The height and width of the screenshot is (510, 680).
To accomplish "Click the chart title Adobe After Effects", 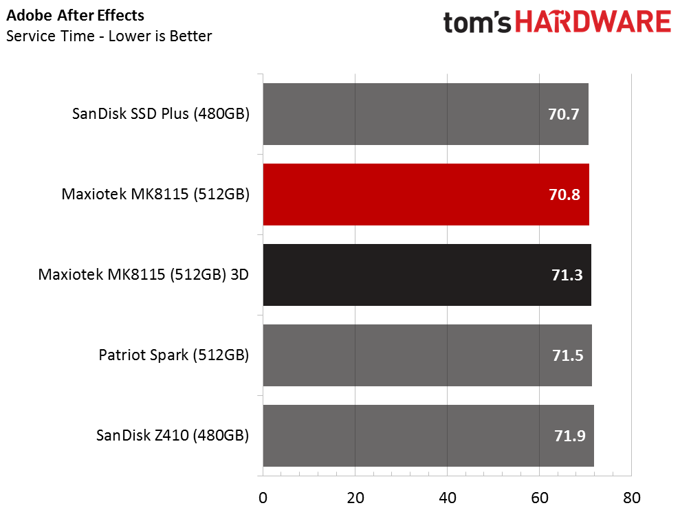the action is [75, 16].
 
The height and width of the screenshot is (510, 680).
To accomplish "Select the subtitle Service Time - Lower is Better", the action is [109, 36].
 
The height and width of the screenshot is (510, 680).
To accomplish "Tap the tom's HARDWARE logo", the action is [558, 22].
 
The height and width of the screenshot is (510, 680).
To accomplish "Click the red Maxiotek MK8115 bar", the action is [426, 195].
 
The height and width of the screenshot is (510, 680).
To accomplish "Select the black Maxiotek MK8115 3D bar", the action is [427, 275].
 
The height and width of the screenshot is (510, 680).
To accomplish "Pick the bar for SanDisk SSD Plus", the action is [426, 114].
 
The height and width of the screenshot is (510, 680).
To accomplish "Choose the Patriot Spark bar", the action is [428, 355].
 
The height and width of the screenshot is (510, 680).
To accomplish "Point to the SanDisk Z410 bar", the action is [428, 435].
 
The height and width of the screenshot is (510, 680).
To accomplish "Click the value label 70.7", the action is [563, 114].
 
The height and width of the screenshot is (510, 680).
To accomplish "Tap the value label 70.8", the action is [564, 195].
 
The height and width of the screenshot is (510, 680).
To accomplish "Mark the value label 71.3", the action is [567, 275].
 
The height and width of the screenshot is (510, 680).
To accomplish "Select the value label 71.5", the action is [568, 355].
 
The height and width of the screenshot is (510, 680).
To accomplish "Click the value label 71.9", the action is [570, 436].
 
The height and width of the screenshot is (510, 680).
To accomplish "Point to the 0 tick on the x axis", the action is [263, 498].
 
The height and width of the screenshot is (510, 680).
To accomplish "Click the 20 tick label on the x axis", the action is [355, 498].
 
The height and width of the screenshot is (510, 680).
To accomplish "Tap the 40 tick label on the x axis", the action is [447, 498].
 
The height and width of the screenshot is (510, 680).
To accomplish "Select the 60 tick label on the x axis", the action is [540, 498].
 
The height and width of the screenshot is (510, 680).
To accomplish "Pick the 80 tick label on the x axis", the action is [631, 498].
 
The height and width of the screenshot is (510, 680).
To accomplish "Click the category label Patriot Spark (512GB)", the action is [174, 355].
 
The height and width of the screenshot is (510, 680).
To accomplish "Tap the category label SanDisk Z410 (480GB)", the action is [173, 435].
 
